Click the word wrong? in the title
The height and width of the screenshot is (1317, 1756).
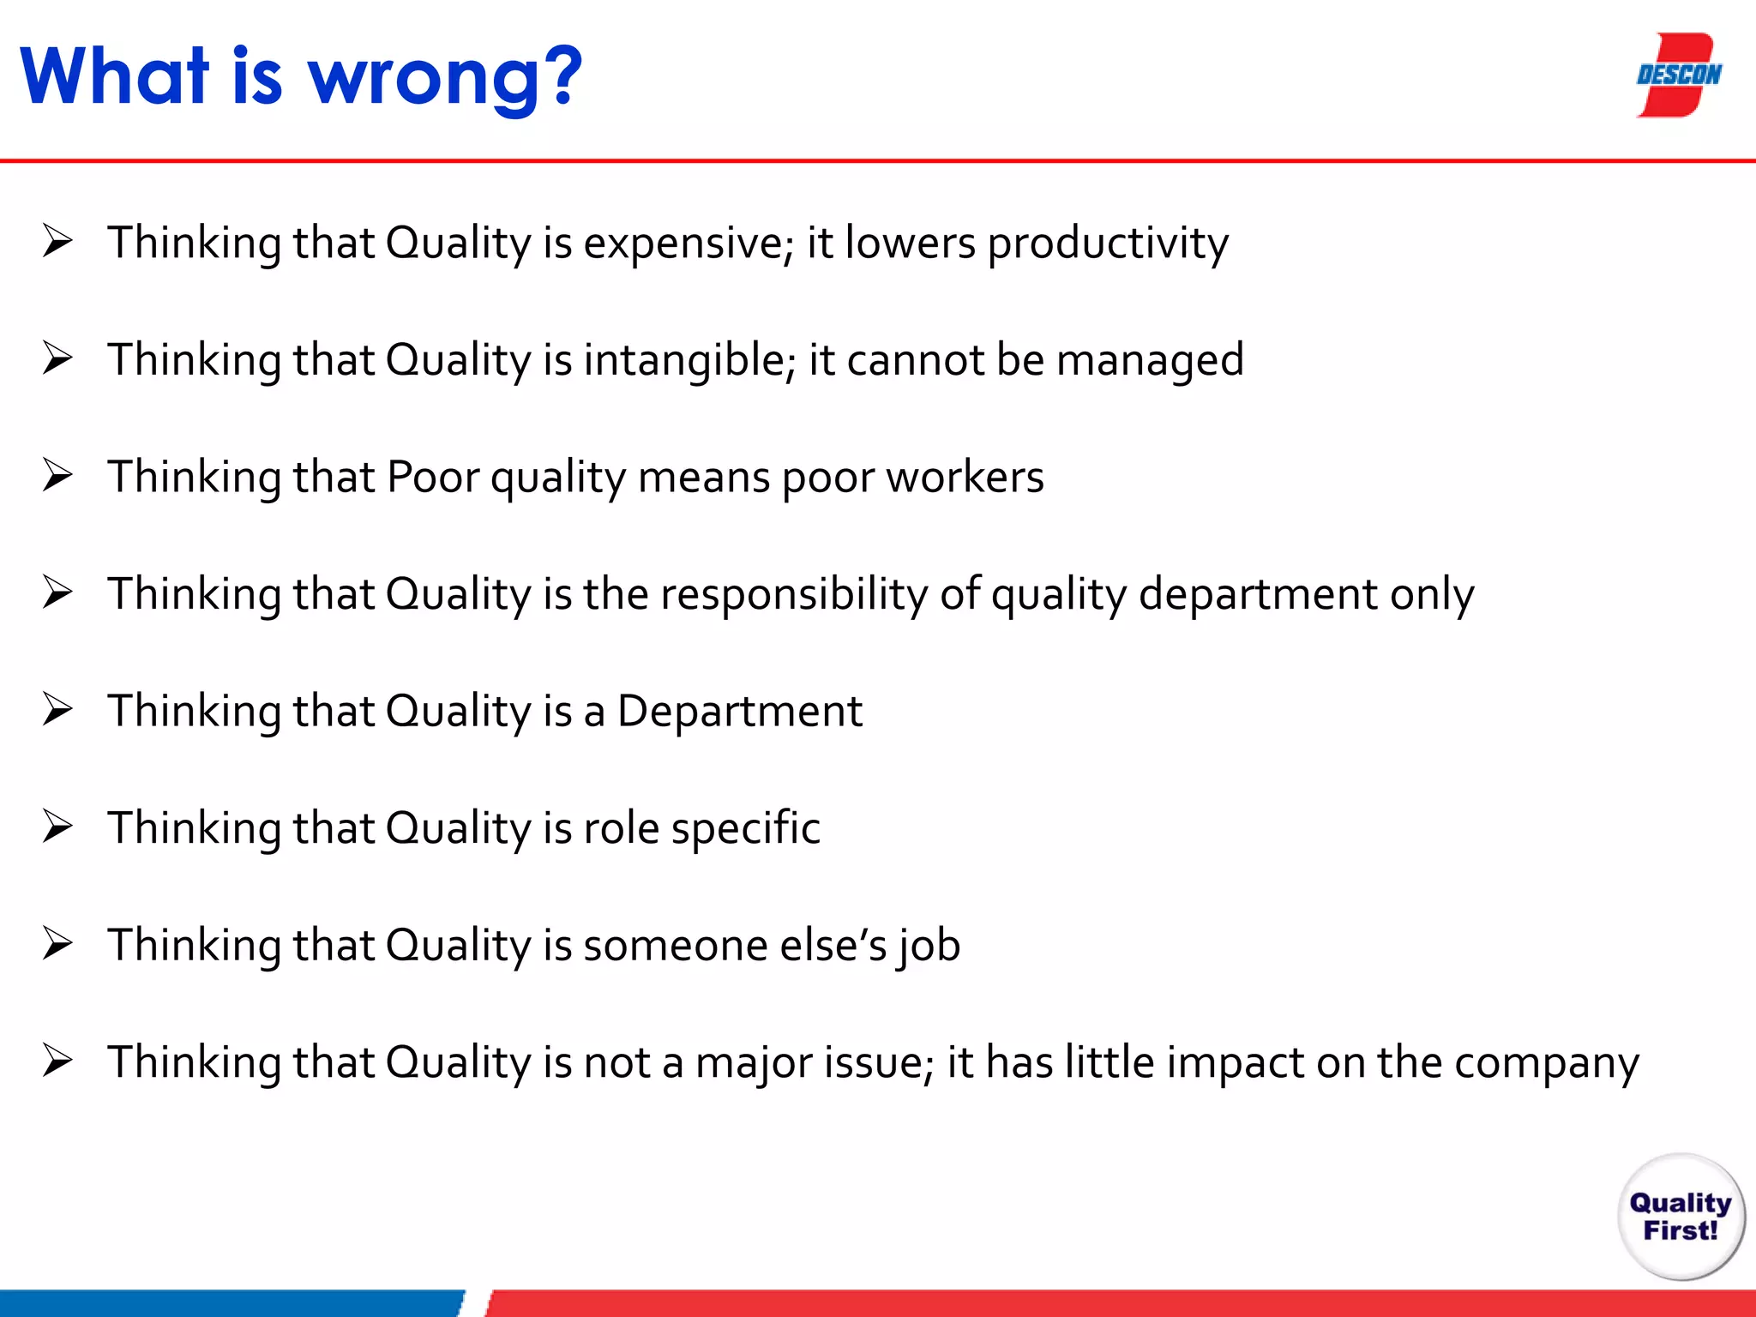coord(444,79)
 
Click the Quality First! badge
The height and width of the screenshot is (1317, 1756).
coord(1681,1216)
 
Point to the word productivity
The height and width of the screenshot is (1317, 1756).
coord(1108,244)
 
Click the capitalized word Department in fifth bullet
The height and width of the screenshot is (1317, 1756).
coord(739,711)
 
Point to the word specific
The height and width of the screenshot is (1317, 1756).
coord(745,828)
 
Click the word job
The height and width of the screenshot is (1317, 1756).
coord(929,947)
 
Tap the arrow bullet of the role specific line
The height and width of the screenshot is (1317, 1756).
coord(57,827)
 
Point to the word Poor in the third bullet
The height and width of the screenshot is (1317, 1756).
coord(432,477)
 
